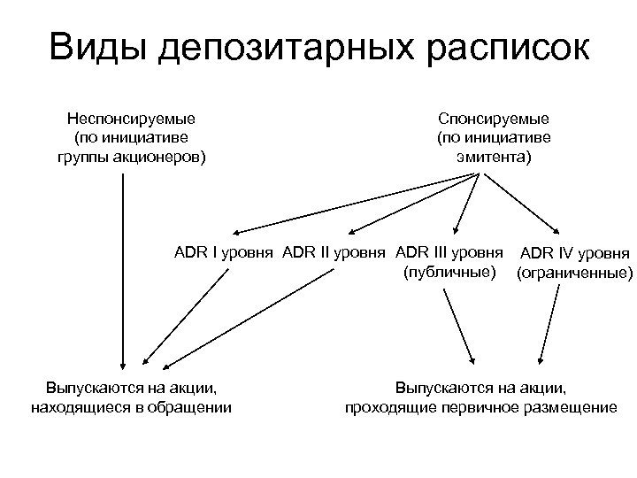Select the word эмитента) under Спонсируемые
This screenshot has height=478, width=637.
pos(493,158)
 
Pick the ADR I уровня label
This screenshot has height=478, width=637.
pos(225,251)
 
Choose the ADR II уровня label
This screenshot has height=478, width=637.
pos(334,251)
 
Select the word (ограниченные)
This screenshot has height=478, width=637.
pos(575,274)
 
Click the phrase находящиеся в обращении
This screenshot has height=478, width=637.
pos(131,407)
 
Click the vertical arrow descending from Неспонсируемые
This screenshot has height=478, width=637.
pos(122,266)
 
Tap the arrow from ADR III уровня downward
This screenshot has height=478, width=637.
pos(457,323)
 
